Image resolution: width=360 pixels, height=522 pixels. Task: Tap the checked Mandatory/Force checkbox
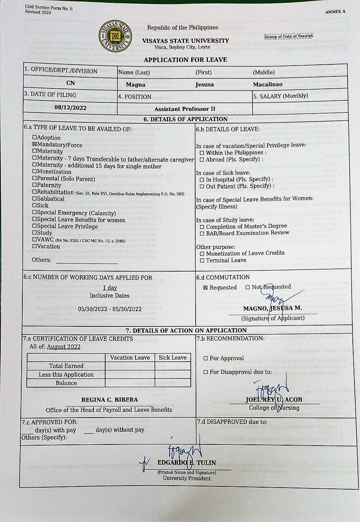[34, 145]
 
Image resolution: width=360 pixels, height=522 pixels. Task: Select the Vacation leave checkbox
[34, 246]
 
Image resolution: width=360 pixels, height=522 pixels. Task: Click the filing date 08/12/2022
[70, 107]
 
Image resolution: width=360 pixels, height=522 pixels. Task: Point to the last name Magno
[136, 85]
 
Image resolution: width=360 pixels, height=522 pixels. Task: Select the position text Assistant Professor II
[185, 109]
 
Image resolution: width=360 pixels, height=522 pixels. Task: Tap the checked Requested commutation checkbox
[206, 288]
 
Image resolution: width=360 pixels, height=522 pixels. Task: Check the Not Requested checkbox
[248, 287]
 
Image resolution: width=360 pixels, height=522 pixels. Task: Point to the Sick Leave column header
[173, 358]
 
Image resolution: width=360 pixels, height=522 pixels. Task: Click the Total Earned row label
[66, 366]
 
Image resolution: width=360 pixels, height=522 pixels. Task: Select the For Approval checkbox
[206, 358]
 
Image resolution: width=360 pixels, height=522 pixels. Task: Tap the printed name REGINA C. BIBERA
[110, 400]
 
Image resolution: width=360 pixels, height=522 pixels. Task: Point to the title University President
[187, 478]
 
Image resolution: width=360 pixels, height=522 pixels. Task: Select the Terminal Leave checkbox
[202, 261]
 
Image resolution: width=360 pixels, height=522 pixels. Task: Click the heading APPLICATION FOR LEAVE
[185, 60]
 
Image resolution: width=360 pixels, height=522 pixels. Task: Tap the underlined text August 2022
[64, 347]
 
